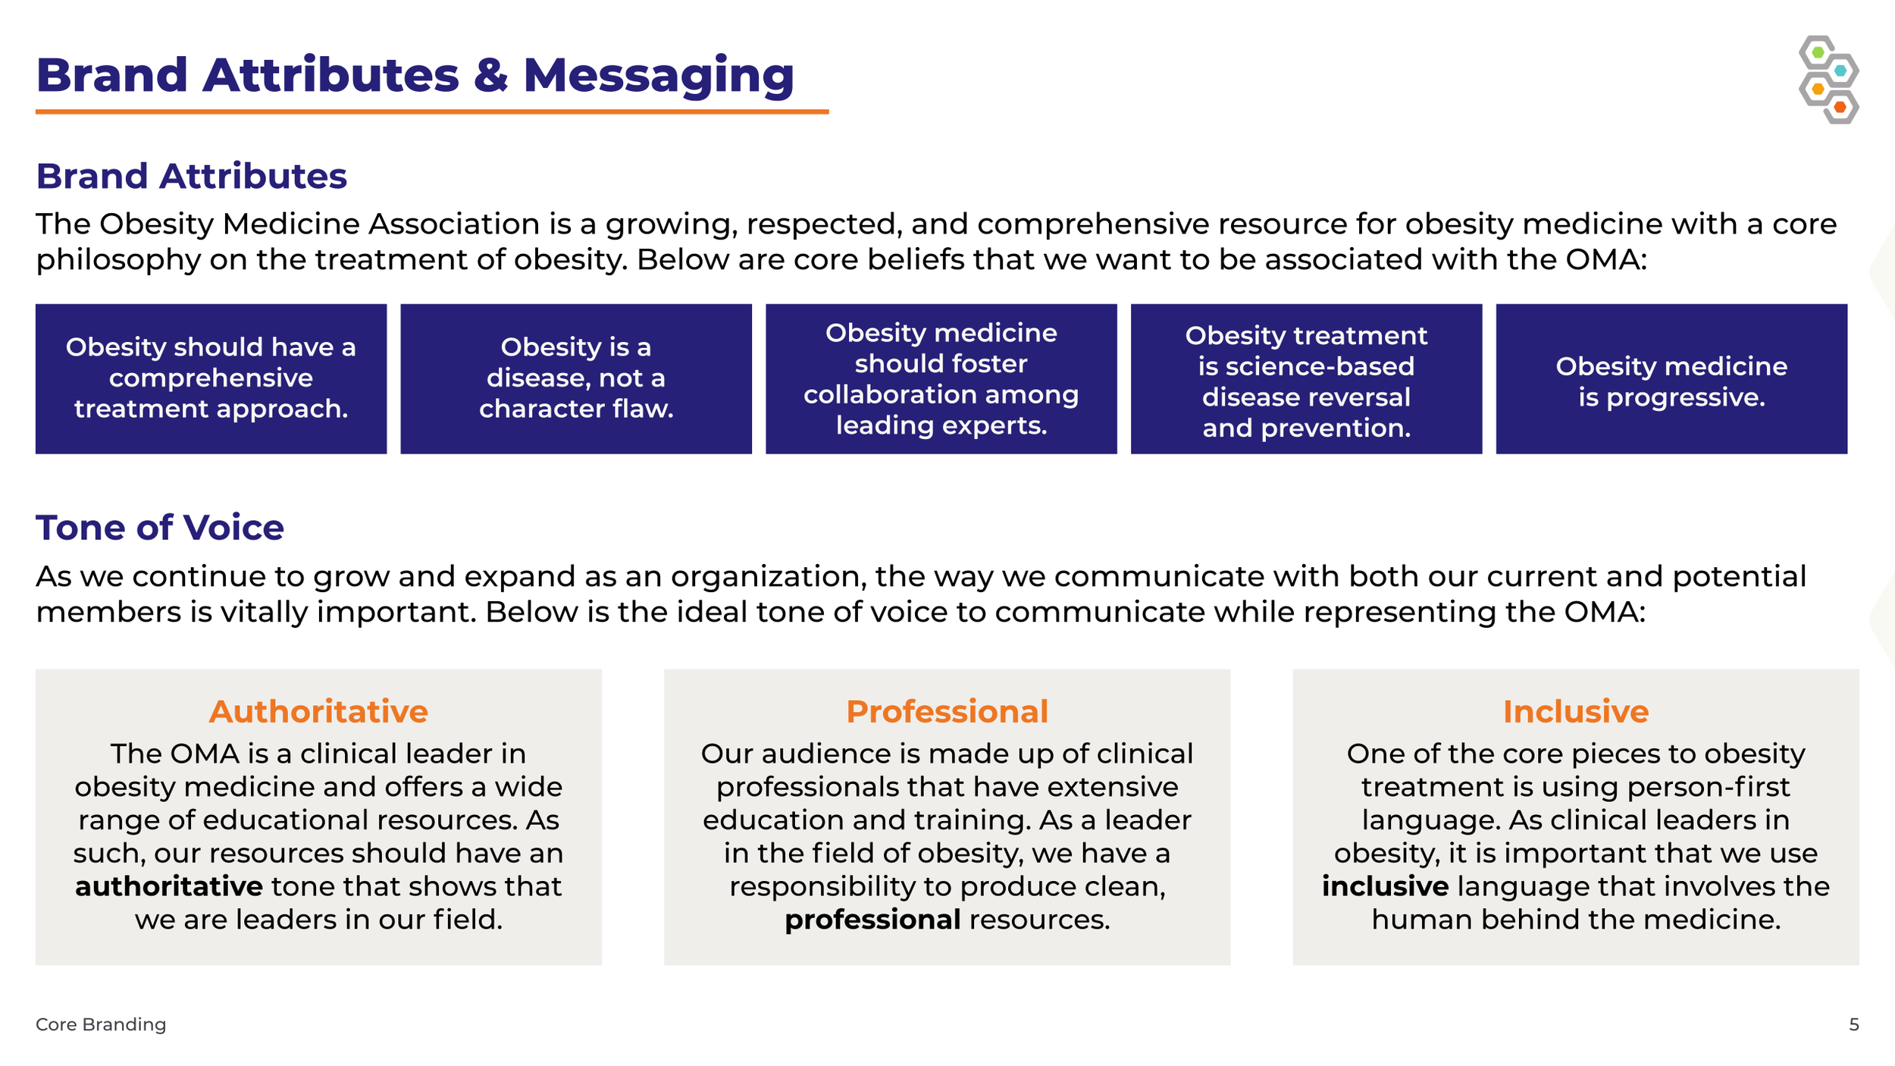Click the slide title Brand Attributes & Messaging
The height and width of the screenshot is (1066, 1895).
point(415,75)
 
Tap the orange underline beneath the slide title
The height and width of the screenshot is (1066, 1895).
point(432,112)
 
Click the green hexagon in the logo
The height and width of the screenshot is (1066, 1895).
point(1818,52)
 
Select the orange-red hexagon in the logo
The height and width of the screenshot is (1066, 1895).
point(1840,108)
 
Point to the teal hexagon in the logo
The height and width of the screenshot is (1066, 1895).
point(1840,71)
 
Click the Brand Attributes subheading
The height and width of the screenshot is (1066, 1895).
point(191,176)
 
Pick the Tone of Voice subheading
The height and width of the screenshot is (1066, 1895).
point(159,528)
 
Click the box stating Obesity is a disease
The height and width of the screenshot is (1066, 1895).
point(576,378)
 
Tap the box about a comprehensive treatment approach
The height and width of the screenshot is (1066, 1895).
point(211,378)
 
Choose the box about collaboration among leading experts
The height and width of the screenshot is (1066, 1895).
point(941,378)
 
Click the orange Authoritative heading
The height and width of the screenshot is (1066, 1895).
point(318,711)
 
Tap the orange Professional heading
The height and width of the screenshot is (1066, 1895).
point(947,711)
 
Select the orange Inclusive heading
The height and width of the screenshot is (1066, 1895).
point(1576,711)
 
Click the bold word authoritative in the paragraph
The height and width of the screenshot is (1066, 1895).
point(169,886)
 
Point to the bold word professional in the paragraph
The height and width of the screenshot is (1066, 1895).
point(872,920)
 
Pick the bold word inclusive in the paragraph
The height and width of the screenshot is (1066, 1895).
point(1385,886)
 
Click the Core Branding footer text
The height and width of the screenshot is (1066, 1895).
point(101,1024)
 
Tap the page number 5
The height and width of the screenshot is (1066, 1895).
point(1854,1024)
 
